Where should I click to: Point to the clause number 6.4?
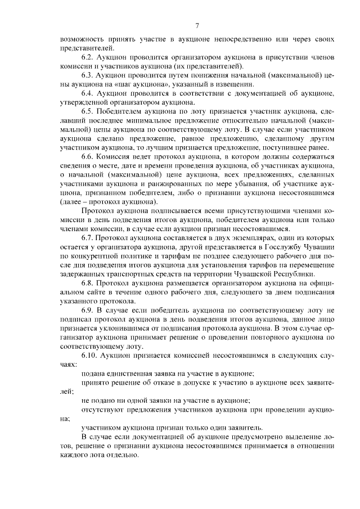[88, 91]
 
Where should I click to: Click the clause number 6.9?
[88, 310]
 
